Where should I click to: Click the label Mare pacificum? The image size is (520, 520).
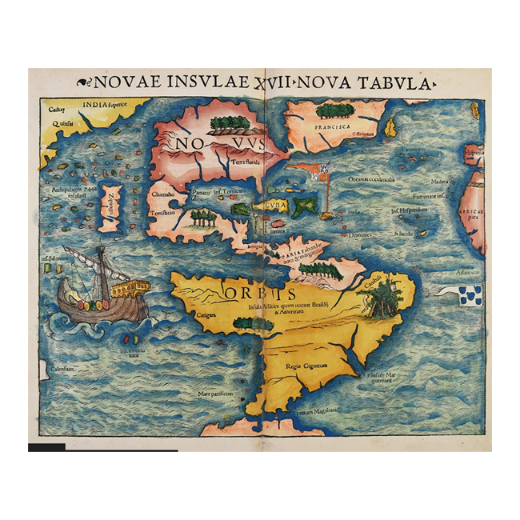tap(216, 394)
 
